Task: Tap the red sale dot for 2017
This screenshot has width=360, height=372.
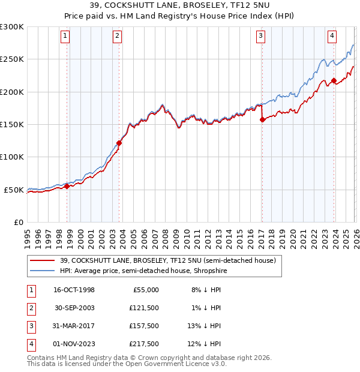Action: (x=262, y=119)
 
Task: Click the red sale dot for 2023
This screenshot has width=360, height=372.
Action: (x=334, y=80)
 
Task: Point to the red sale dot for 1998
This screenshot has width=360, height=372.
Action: (x=67, y=186)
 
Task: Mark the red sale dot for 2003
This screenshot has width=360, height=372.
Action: (x=119, y=143)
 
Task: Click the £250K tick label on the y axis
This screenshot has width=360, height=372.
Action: (x=12, y=59)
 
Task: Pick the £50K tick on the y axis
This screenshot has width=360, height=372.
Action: (x=14, y=190)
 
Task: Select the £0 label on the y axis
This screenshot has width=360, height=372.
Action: (x=18, y=223)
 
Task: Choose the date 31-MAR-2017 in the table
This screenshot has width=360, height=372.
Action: (x=73, y=326)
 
